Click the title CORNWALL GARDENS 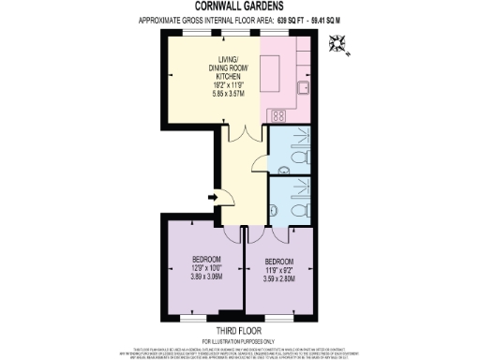(239, 7)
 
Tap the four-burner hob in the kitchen (277, 115)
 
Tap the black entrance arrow (216, 196)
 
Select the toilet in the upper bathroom (300, 145)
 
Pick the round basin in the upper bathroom (284, 171)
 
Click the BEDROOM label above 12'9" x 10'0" (206, 259)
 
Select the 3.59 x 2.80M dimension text (278, 278)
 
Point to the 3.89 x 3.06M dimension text (206, 277)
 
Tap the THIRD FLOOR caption (239, 330)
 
